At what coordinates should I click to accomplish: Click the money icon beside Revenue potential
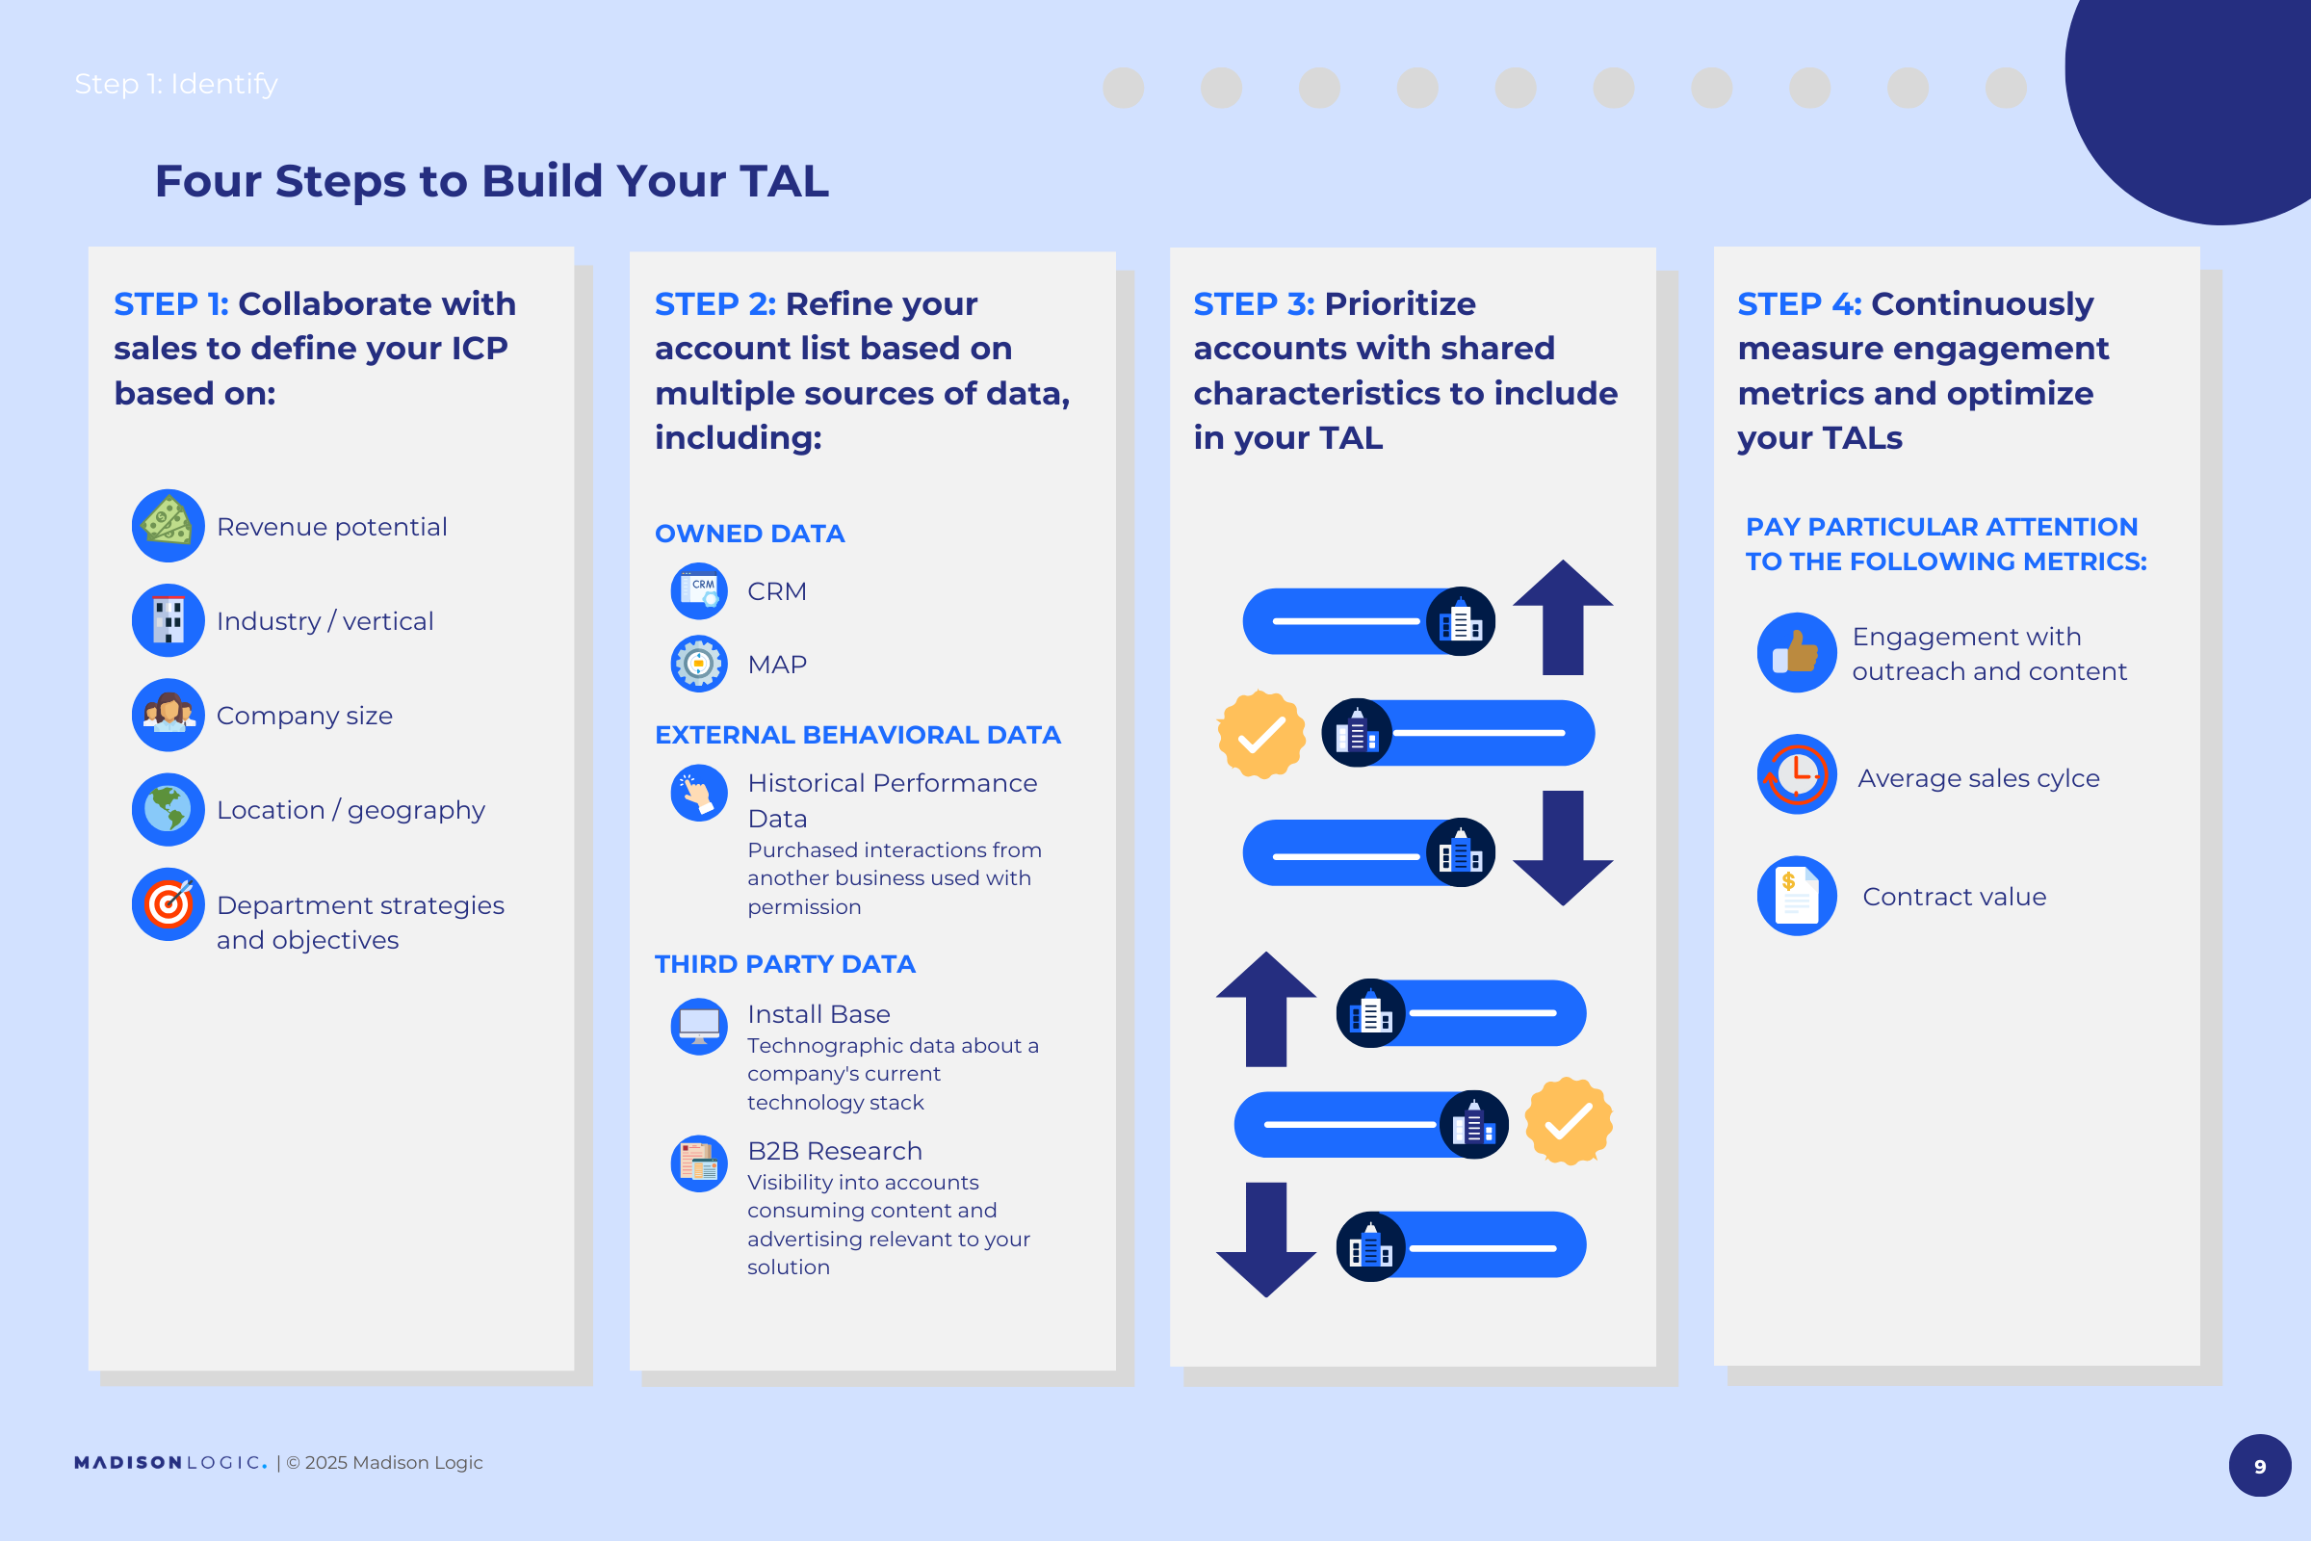coord(168,526)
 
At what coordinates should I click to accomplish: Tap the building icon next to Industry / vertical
coord(168,620)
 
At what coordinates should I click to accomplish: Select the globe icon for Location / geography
coord(168,810)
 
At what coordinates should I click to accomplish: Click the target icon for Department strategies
coord(168,904)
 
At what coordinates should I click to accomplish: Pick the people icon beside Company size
coord(168,716)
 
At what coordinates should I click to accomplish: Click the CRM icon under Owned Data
coord(699,590)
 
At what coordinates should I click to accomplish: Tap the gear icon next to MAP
coord(699,664)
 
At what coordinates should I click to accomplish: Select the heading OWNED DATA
coord(750,534)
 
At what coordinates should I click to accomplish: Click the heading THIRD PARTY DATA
coord(785,964)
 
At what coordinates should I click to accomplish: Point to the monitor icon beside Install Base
coord(699,1027)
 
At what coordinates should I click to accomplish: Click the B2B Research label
coord(834,1151)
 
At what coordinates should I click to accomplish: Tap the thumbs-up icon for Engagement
coord(1797,653)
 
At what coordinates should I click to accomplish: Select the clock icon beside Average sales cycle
coord(1797,774)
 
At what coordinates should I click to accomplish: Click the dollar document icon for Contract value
coord(1797,896)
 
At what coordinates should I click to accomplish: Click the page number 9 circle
coord(2260,1465)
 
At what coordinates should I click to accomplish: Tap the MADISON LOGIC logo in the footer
coord(171,1462)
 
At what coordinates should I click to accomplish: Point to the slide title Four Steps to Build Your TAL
coord(492,182)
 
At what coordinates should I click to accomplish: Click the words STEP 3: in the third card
coord(1254,303)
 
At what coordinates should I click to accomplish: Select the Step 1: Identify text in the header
coord(176,85)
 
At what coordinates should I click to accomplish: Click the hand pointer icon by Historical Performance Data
coord(699,793)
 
